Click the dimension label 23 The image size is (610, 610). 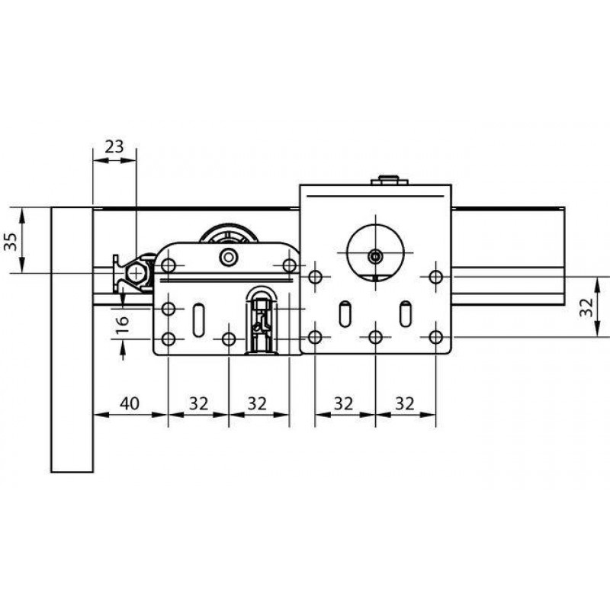click(x=114, y=146)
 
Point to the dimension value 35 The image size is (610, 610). click(x=11, y=242)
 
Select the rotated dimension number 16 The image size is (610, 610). click(x=123, y=323)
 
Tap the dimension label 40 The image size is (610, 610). click(x=130, y=403)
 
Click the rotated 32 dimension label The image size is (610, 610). click(x=586, y=307)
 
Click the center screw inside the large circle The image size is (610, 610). click(x=375, y=256)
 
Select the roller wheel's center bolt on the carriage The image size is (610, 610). click(x=228, y=257)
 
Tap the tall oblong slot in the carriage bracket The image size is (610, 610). click(x=199, y=319)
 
